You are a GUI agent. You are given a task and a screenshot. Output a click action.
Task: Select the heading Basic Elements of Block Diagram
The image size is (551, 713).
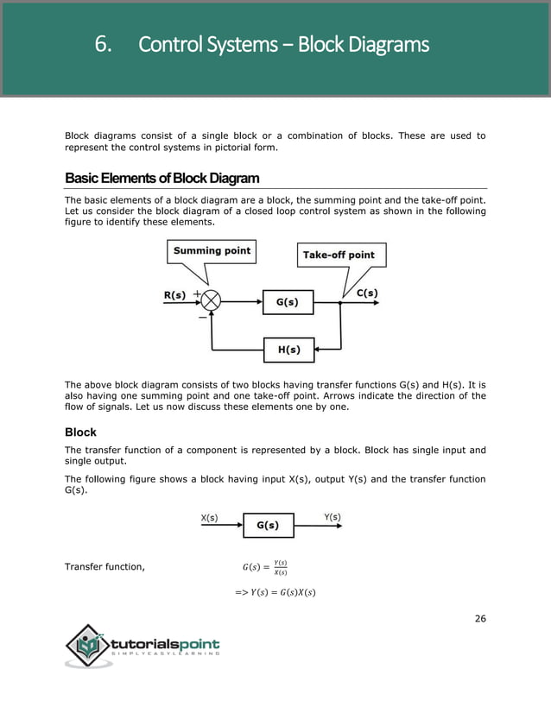(x=161, y=179)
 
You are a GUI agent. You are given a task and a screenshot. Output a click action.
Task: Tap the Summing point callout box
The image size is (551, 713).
(x=212, y=251)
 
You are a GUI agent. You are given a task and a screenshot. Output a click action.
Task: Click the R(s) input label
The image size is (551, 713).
(x=174, y=295)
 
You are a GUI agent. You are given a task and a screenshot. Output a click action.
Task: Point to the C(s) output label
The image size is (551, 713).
(x=367, y=293)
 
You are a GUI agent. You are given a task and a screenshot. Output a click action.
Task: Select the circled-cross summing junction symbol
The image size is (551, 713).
(x=210, y=301)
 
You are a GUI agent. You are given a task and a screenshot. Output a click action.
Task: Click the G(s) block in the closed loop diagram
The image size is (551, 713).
(x=288, y=302)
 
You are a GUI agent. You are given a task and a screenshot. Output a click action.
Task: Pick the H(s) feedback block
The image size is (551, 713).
(x=288, y=350)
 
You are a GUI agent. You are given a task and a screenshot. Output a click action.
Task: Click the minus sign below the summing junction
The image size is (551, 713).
(x=202, y=318)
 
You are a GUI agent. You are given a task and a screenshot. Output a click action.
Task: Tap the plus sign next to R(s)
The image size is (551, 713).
(x=197, y=293)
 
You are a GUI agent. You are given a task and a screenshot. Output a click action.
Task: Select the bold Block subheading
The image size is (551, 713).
(x=80, y=432)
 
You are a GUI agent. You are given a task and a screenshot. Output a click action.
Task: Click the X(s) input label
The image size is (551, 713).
(x=209, y=518)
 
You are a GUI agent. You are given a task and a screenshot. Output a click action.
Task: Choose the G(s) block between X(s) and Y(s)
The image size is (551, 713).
(x=268, y=525)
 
